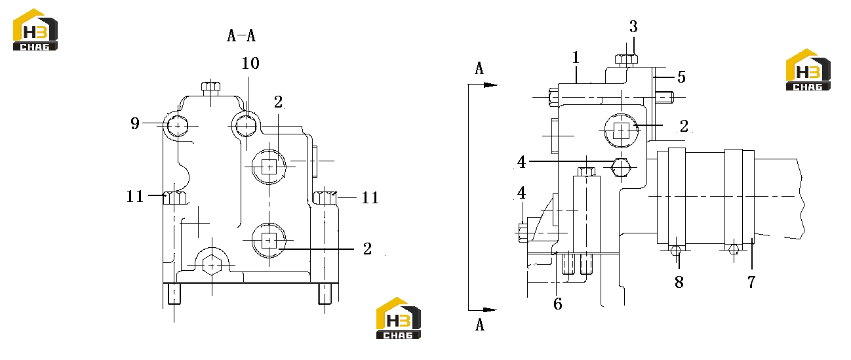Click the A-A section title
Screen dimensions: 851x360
pos(241,35)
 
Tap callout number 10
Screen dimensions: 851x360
pos(250,63)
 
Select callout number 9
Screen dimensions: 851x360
pos(135,123)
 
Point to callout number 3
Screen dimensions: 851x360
pos(633,27)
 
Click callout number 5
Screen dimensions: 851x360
pos(681,77)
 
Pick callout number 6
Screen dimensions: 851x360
pos(558,304)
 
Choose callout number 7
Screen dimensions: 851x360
pos(751,282)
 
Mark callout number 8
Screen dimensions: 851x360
pos(679,282)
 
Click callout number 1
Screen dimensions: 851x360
pos(576,58)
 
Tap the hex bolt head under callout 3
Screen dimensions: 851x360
pos(626,60)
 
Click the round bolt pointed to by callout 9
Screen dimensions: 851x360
pos(178,126)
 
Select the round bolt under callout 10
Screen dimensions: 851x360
pos(246,125)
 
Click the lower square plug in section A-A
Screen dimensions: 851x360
pos(269,240)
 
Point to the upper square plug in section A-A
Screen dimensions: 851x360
pos(269,167)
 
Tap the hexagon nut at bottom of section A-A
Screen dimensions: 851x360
pos(212,265)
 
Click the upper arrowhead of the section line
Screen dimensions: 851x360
pos(490,85)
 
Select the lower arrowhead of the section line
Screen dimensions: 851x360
pos(490,310)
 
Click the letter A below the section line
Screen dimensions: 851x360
pos(480,325)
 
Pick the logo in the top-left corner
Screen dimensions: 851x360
pos(35,30)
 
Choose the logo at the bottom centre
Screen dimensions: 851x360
pos(399,318)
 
